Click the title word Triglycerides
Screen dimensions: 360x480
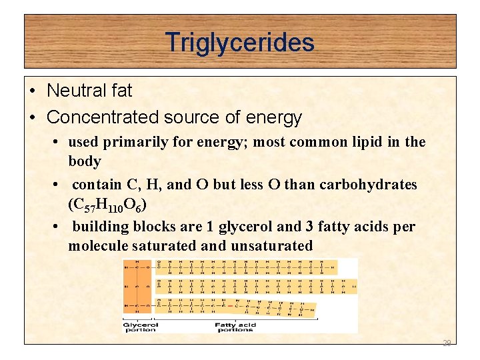240,43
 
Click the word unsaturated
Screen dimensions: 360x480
271,246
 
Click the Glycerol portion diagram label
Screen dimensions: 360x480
141,327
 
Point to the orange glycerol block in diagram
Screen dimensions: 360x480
138,287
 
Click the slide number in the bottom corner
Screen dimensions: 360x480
447,343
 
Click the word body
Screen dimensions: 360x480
85,161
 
